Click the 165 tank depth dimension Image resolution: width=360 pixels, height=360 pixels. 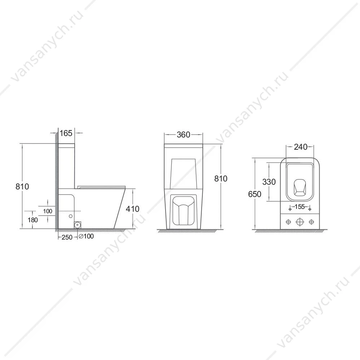(66, 133)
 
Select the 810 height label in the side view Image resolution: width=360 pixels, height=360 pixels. (22, 186)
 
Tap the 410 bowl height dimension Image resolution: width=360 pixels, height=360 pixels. (132, 209)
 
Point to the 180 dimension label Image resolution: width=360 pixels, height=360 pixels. (32, 220)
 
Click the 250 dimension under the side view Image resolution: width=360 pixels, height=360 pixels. (67, 237)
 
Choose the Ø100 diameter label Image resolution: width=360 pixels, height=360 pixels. (86, 236)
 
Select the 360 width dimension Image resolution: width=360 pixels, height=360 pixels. (184, 135)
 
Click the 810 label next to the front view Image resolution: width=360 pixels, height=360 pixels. (221, 179)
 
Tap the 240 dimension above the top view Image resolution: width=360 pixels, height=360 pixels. (300, 147)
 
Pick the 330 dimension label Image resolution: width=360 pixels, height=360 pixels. (269, 182)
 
